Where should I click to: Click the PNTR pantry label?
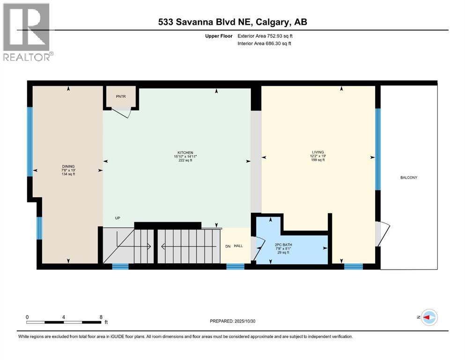point(120,96)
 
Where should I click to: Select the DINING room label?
point(68,166)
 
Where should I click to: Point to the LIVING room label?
point(318,152)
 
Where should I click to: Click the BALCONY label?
point(408,178)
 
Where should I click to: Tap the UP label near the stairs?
point(118,218)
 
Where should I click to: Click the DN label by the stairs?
point(228,246)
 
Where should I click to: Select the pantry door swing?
point(123,112)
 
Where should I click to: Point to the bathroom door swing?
point(256,248)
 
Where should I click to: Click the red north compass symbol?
point(428,318)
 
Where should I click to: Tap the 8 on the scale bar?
point(101,317)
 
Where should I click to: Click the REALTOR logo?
point(27,31)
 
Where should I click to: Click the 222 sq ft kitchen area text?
point(183,160)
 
